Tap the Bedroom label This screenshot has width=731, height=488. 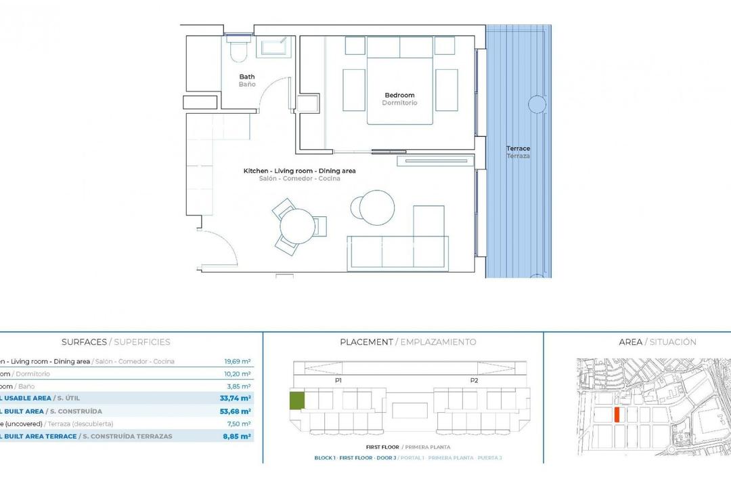[399, 96]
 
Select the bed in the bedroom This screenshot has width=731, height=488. [399, 81]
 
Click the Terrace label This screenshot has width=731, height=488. [518, 148]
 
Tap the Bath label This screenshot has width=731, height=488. [246, 77]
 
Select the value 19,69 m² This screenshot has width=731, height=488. [238, 362]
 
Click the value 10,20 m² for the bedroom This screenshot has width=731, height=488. [238, 374]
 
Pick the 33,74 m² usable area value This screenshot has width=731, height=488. [238, 399]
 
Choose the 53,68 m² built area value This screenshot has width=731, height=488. [238, 411]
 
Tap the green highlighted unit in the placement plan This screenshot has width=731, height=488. [297, 400]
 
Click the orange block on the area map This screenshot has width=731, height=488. [617, 415]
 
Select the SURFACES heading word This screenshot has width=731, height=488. [84, 342]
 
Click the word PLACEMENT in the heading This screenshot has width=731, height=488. [366, 342]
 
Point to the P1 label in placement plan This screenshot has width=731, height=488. [338, 381]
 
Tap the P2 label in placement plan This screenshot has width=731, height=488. [474, 381]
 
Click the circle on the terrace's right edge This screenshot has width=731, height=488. [537, 104]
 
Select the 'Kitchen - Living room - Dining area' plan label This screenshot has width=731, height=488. [299, 171]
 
